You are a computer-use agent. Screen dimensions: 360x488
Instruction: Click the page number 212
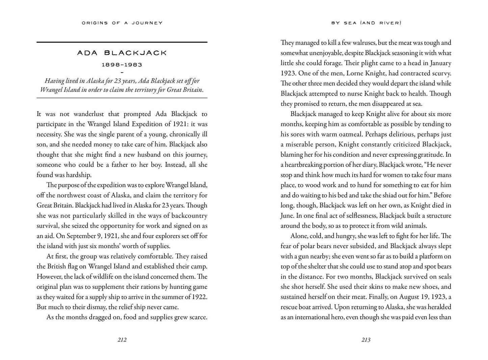pos(122,340)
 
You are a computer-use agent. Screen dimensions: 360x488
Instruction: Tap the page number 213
pos(366,340)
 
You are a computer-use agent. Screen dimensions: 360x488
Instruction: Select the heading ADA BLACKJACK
pos(122,53)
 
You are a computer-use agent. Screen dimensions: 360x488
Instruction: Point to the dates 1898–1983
pos(122,65)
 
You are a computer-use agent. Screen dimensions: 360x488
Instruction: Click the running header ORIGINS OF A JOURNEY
pos(122,23)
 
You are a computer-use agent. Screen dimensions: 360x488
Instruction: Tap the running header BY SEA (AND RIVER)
pos(366,23)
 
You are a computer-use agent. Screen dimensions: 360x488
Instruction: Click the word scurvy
pos(439,73)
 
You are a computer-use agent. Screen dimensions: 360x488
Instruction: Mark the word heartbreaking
pos(303,165)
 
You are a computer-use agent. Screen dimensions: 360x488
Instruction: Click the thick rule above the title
pos(122,42)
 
